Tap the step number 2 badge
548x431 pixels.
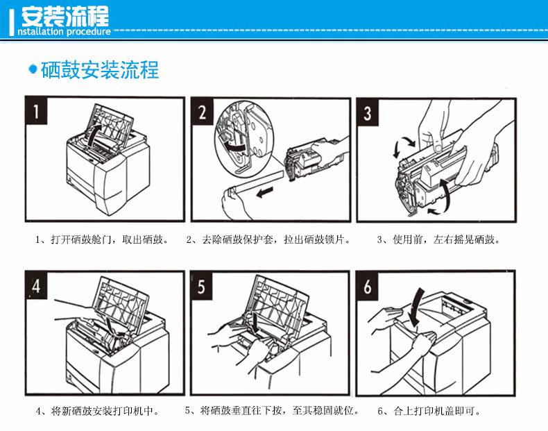click(202, 111)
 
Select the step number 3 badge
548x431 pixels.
click(368, 111)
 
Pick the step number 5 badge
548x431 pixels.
click(202, 286)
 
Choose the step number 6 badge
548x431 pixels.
click(368, 286)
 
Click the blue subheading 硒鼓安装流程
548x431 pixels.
click(100, 70)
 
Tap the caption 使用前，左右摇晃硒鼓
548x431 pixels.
click(438, 240)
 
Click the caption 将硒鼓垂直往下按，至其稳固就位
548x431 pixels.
click(272, 411)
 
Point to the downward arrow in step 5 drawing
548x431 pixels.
click(257, 321)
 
